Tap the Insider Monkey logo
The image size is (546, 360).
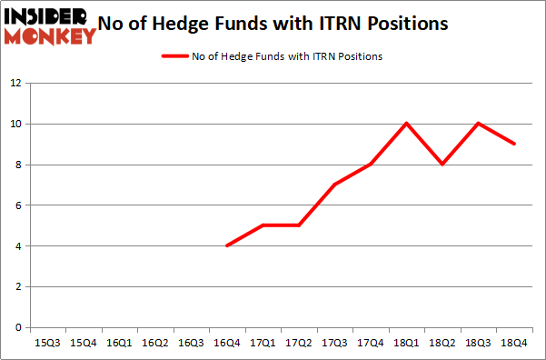[50, 25]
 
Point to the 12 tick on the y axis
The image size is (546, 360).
[15, 83]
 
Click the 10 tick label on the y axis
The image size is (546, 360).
[15, 124]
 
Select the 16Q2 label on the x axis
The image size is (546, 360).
[154, 344]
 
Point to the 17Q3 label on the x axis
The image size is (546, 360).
[334, 344]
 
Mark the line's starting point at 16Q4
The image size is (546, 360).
[226, 245]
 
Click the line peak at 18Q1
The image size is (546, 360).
[406, 123]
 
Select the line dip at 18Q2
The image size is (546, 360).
[442, 164]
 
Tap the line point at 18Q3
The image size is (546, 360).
[478, 123]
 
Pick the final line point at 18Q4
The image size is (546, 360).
[514, 144]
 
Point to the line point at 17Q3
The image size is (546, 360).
[334, 185]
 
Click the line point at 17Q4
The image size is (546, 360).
[371, 164]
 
